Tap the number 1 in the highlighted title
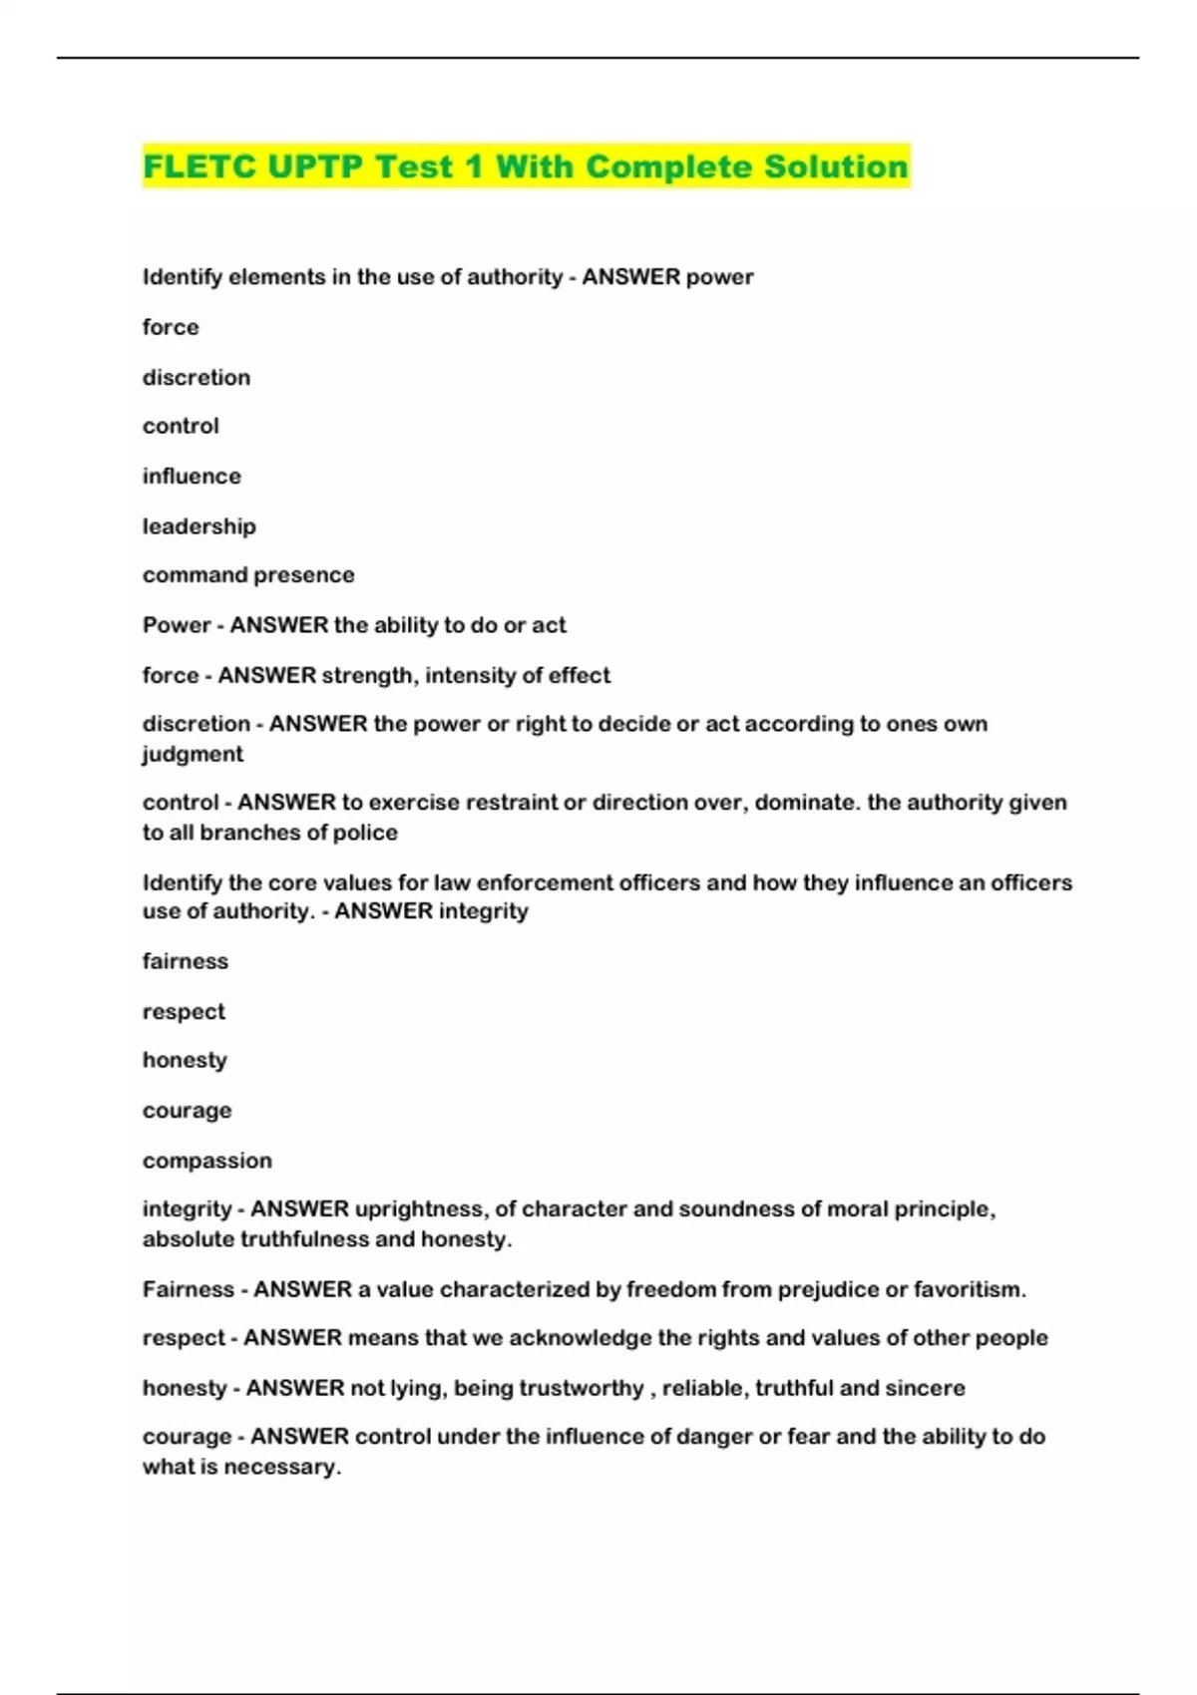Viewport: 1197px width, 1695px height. pyautogui.click(x=473, y=167)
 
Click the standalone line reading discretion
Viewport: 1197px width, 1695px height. pyautogui.click(x=197, y=377)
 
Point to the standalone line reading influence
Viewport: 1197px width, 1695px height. pyautogui.click(x=192, y=476)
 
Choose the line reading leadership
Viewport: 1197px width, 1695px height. pyautogui.click(x=199, y=525)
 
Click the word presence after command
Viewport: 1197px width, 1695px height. pyautogui.click(x=308, y=574)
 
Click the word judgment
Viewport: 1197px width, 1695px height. pyautogui.click(x=193, y=754)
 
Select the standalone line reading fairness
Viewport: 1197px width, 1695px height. pyautogui.click(x=186, y=961)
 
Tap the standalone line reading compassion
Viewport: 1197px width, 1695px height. pyautogui.click(x=207, y=1161)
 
